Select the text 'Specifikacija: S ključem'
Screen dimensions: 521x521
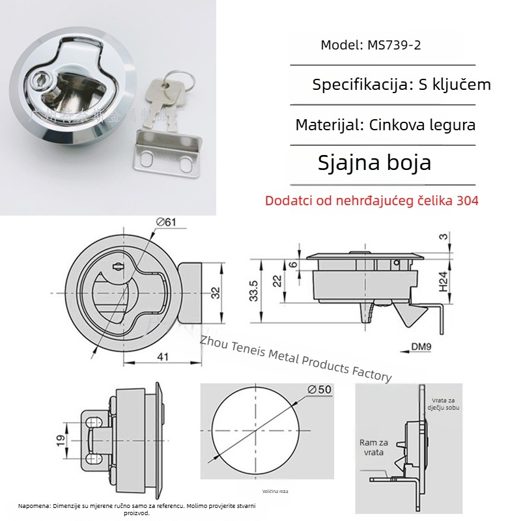(401, 85)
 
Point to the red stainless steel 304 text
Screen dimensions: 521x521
(372, 201)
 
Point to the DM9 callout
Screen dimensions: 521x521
(421, 347)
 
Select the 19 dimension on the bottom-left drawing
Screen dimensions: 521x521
(59, 442)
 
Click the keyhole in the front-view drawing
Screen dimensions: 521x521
(118, 267)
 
